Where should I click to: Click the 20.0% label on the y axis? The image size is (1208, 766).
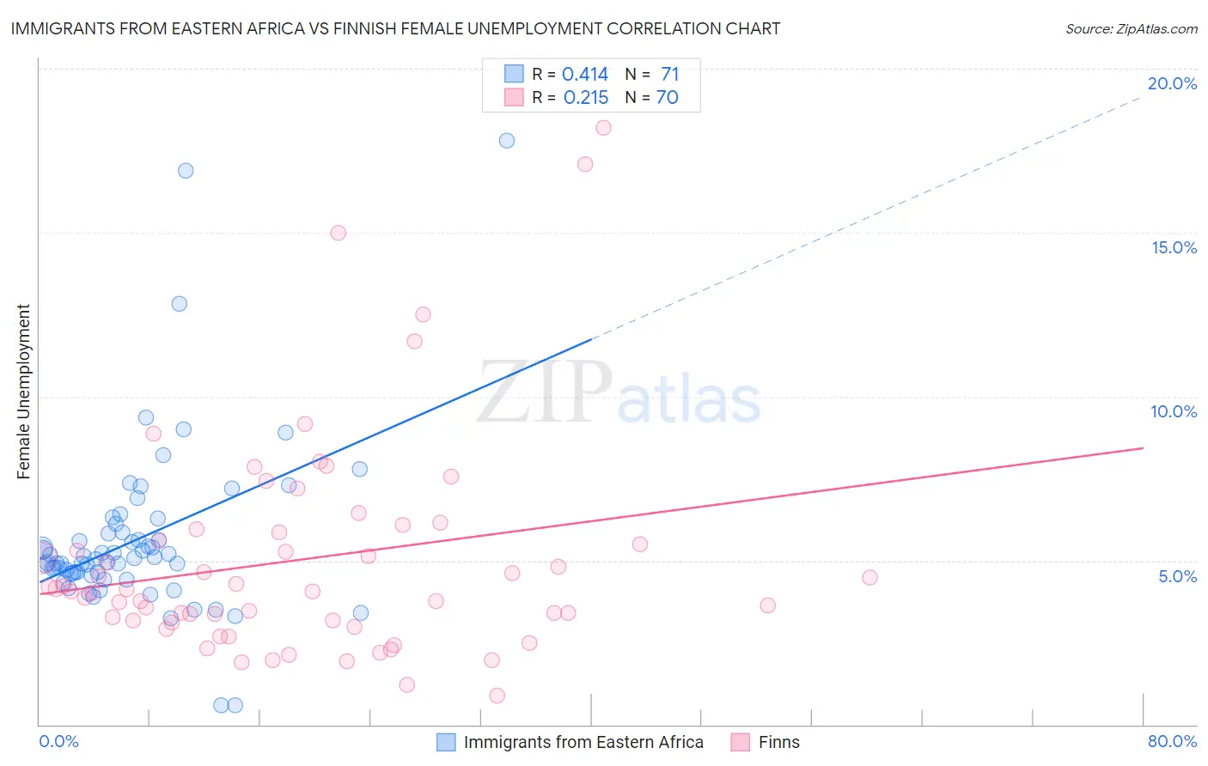tap(1172, 83)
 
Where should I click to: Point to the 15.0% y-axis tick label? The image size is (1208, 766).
tap(1174, 247)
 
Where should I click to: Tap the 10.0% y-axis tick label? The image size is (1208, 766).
tap(1174, 411)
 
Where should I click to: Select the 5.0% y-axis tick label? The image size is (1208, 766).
tap(1177, 576)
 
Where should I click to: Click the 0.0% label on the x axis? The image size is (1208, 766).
tap(58, 741)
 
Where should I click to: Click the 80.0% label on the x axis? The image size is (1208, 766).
tap(1172, 741)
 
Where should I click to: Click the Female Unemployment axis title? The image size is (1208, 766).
tap(23, 392)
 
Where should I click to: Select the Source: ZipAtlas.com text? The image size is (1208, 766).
tap(1131, 28)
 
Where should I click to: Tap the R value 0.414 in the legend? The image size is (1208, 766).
tap(585, 75)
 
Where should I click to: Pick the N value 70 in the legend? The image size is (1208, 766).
tap(668, 98)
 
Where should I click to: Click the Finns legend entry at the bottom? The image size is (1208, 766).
tap(778, 742)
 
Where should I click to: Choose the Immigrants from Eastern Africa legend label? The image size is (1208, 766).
tap(583, 742)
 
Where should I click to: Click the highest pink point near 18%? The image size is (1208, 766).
tap(603, 128)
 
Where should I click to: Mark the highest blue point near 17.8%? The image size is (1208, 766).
tap(507, 141)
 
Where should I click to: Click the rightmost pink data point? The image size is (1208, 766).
tap(869, 578)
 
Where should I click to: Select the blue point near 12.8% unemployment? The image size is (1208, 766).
tap(180, 304)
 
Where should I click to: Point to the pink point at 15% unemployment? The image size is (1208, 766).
tap(339, 233)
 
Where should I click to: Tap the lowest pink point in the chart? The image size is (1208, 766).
tap(497, 696)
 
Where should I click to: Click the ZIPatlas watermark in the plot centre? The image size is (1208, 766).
tap(619, 392)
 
